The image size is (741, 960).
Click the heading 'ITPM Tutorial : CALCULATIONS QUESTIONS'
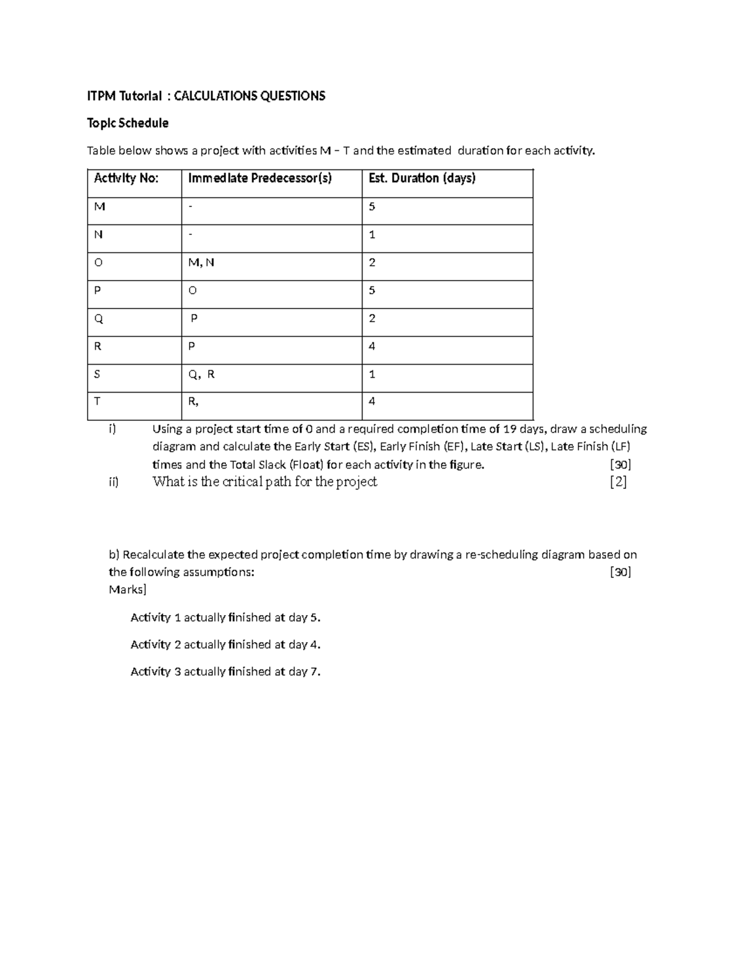coord(206,96)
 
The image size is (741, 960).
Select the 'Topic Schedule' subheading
coord(127,123)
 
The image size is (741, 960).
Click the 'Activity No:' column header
coord(126,179)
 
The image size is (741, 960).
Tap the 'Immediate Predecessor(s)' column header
coord(259,179)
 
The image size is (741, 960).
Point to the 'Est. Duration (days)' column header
coord(422,179)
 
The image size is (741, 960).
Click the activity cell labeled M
coord(99,206)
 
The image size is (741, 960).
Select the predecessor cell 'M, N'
coord(201,263)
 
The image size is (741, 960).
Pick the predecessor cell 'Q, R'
coord(201,374)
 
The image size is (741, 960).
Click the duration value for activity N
coord(372,235)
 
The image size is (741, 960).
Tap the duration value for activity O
coord(372,263)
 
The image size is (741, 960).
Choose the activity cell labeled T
coord(97,401)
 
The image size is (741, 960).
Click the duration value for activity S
coord(372,374)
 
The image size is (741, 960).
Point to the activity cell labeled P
coord(98,291)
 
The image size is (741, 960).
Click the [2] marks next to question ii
coord(618,482)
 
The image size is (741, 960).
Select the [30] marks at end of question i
coord(620,465)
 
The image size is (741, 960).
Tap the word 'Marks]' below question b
coord(127,590)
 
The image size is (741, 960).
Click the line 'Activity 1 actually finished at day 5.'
coord(225,618)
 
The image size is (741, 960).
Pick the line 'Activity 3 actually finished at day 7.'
coord(225,672)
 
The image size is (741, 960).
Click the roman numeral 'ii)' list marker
coord(113,482)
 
